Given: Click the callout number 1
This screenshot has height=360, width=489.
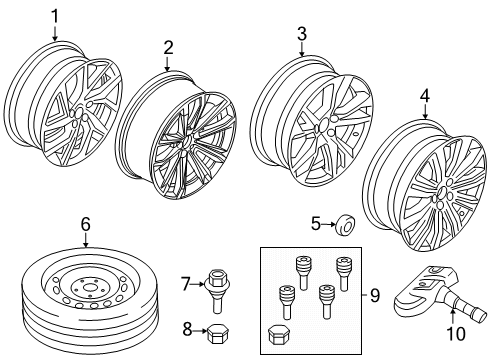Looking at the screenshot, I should [55, 15].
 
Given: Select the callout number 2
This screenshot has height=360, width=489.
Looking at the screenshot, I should [168, 47].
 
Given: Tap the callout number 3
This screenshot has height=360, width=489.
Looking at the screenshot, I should [300, 35].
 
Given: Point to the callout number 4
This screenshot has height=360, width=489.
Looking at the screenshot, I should [425, 97].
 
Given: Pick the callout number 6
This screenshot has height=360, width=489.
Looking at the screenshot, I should [85, 226].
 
